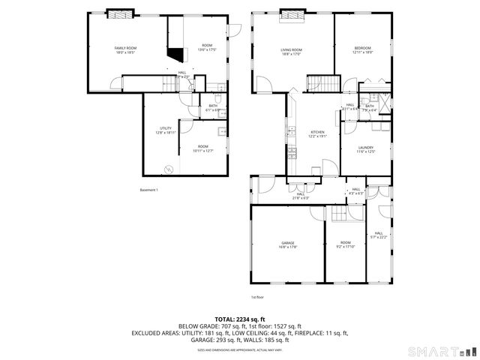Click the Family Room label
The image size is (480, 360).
point(125,48)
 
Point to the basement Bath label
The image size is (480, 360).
point(213,106)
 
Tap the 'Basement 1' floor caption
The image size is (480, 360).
point(149,190)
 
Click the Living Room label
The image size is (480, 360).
point(291,49)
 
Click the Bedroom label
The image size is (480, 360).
point(361,48)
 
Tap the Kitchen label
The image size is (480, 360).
point(318,132)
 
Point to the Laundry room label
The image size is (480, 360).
point(365,148)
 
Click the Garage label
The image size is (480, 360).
point(288,242)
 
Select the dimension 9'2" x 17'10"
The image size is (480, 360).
point(345,247)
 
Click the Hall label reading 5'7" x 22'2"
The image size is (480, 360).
point(379,238)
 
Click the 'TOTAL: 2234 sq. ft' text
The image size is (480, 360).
point(240,319)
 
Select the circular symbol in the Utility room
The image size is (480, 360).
point(170,169)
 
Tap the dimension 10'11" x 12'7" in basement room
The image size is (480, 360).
point(202,151)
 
